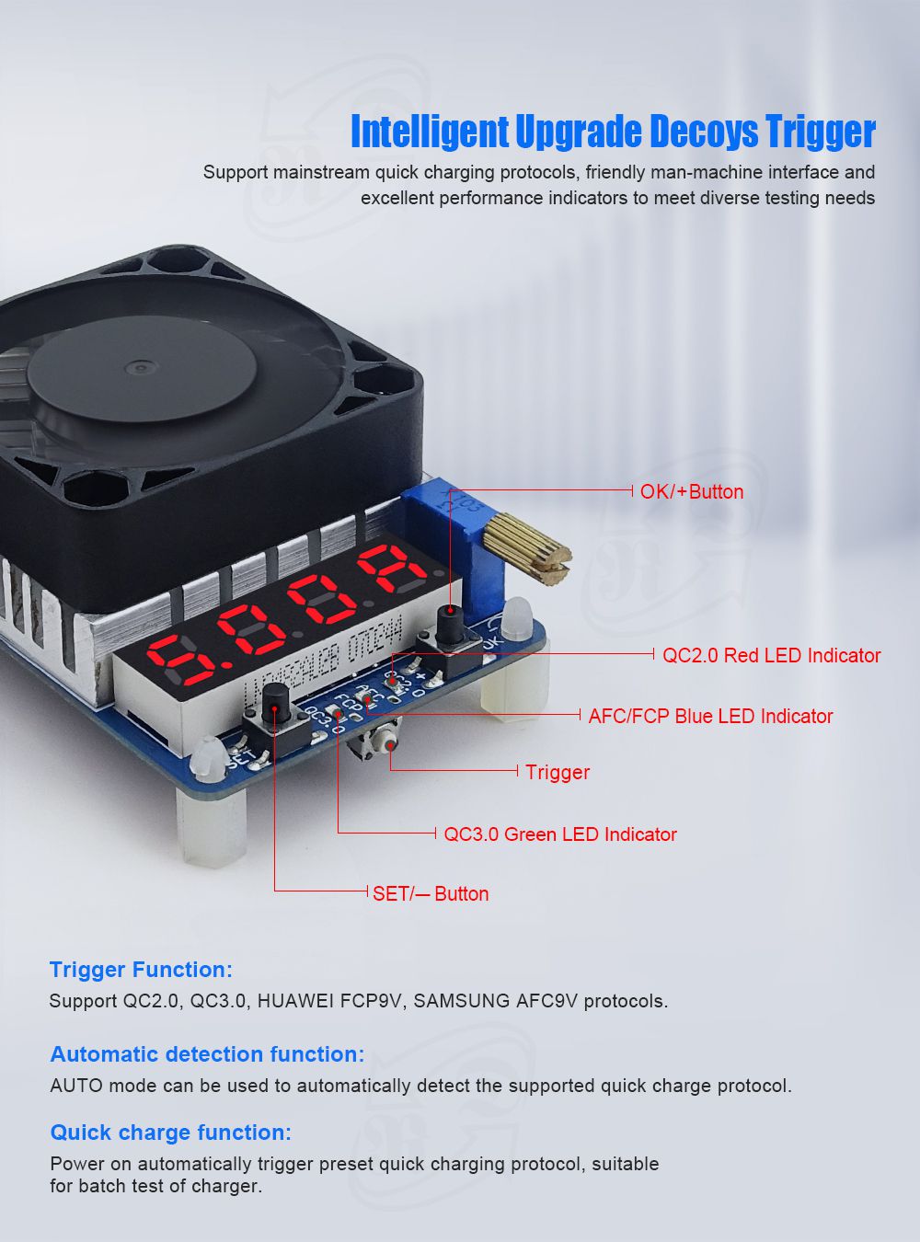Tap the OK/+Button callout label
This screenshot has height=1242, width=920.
click(x=692, y=491)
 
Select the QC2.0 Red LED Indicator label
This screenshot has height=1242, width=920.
click(x=771, y=655)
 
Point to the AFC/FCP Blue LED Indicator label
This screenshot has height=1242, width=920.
click(x=710, y=716)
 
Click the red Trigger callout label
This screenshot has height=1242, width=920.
click(x=558, y=772)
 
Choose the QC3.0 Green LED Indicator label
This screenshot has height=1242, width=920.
click(x=560, y=834)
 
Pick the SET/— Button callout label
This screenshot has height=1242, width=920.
click(x=431, y=893)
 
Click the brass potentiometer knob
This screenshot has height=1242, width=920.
click(x=527, y=548)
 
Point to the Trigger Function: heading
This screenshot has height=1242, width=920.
click(x=141, y=970)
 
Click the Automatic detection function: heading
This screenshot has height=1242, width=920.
click(x=207, y=1053)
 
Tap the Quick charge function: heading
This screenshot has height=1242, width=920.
click(x=171, y=1133)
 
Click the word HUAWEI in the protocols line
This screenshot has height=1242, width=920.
click(x=294, y=1001)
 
